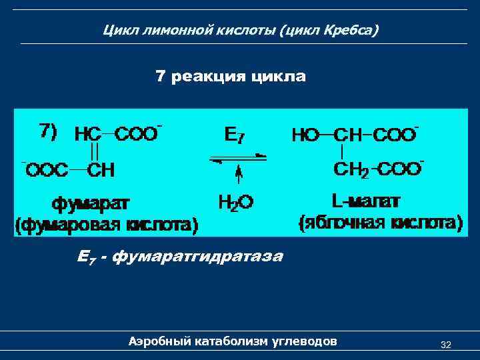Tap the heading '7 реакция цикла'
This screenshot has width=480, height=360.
[231, 77]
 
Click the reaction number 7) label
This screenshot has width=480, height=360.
[49, 131]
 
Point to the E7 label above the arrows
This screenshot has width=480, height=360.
[234, 135]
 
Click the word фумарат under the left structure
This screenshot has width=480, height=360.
[92, 201]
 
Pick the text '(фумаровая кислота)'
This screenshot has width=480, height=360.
[107, 224]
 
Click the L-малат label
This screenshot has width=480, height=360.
[365, 201]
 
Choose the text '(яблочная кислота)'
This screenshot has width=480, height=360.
[381, 222]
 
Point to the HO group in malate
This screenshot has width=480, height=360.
[305, 135]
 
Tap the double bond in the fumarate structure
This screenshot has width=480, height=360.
[95, 152]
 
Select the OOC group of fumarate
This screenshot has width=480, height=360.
[47, 170]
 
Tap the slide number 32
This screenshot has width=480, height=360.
[446, 345]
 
